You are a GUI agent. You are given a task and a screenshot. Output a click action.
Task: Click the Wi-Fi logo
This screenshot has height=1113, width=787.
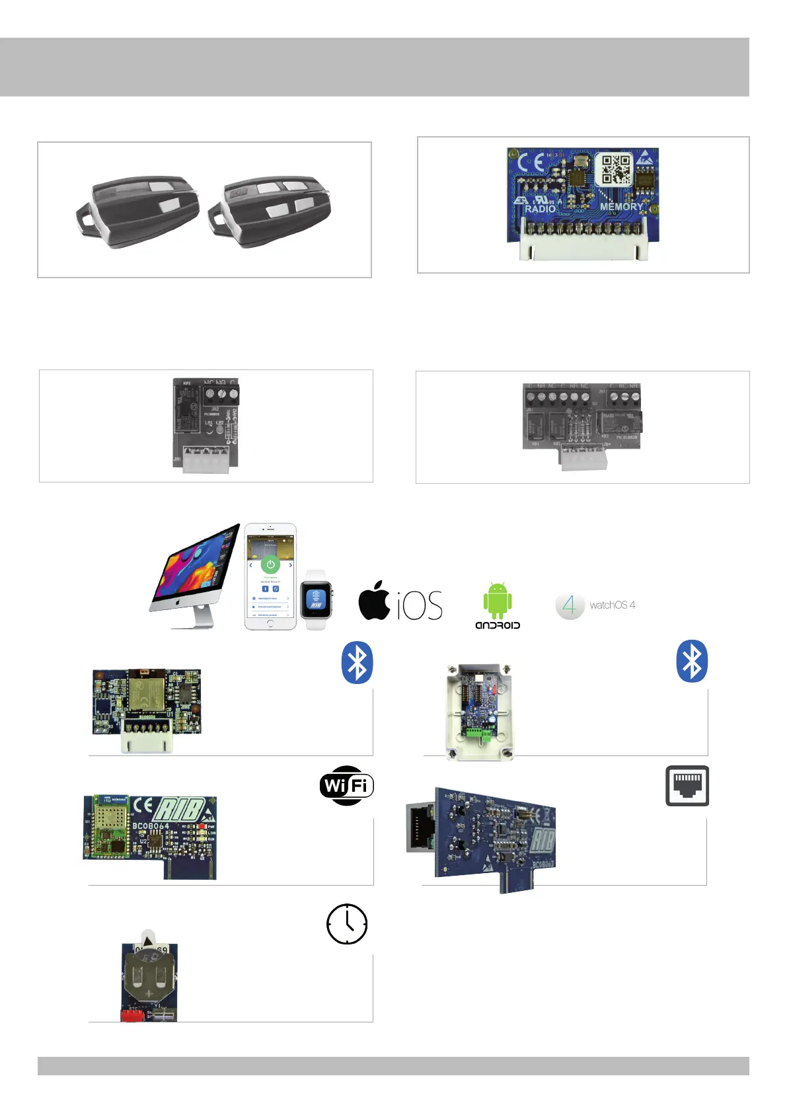point(347,785)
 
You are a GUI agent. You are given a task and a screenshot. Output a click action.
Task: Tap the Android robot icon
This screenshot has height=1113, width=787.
point(497,600)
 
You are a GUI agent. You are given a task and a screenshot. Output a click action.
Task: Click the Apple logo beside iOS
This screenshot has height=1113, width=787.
point(375,601)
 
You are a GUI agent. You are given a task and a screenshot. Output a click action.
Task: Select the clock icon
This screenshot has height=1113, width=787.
point(347,924)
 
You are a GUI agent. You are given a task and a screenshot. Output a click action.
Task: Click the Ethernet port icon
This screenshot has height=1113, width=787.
point(687,786)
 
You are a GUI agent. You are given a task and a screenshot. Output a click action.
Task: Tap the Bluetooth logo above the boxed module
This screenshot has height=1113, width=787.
point(692,661)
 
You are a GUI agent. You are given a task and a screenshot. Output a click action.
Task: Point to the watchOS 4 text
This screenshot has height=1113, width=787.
point(612,605)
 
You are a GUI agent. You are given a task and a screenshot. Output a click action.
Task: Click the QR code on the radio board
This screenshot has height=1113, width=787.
point(615,170)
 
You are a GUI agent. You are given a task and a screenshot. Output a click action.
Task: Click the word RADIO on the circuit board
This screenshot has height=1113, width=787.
point(541,209)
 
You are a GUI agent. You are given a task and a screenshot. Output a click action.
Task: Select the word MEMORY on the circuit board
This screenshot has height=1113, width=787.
point(621,206)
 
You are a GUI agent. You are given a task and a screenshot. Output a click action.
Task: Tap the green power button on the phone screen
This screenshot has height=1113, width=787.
point(270,564)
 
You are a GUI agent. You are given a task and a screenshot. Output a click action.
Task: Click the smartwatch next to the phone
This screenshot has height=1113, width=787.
point(316,599)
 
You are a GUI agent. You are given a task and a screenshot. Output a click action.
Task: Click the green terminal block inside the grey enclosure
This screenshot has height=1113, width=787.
point(480,732)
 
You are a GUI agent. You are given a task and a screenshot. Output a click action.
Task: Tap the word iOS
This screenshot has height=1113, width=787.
point(420,605)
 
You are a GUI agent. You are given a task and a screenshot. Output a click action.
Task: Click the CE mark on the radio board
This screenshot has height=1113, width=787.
point(531,163)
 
